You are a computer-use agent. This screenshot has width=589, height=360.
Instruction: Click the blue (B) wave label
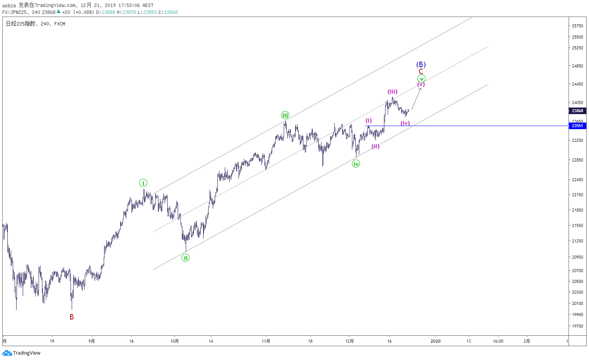421,65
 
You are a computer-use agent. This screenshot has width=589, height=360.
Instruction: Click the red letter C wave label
421,72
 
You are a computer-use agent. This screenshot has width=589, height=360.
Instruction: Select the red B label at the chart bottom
72,317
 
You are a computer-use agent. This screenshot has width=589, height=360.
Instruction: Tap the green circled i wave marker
143,183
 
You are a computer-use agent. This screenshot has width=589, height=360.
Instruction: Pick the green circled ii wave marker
186,258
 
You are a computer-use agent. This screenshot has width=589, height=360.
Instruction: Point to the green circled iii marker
285,115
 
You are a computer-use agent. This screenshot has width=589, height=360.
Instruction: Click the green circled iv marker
356,164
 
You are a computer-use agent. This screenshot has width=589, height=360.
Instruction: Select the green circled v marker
421,79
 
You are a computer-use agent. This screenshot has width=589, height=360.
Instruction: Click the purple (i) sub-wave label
369,121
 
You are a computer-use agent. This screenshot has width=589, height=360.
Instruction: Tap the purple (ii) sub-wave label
375,146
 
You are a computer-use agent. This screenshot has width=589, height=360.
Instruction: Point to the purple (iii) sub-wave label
392,92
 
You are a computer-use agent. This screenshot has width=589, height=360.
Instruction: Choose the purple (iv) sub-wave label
405,123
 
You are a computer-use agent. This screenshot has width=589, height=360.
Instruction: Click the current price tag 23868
577,111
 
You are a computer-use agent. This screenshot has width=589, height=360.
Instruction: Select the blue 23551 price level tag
577,126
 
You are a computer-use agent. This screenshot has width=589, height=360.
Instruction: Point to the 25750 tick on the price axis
577,26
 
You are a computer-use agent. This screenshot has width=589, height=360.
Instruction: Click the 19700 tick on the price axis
577,326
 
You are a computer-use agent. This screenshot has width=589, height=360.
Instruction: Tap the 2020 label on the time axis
436,341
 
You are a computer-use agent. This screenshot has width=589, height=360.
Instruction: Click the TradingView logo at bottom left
22,353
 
